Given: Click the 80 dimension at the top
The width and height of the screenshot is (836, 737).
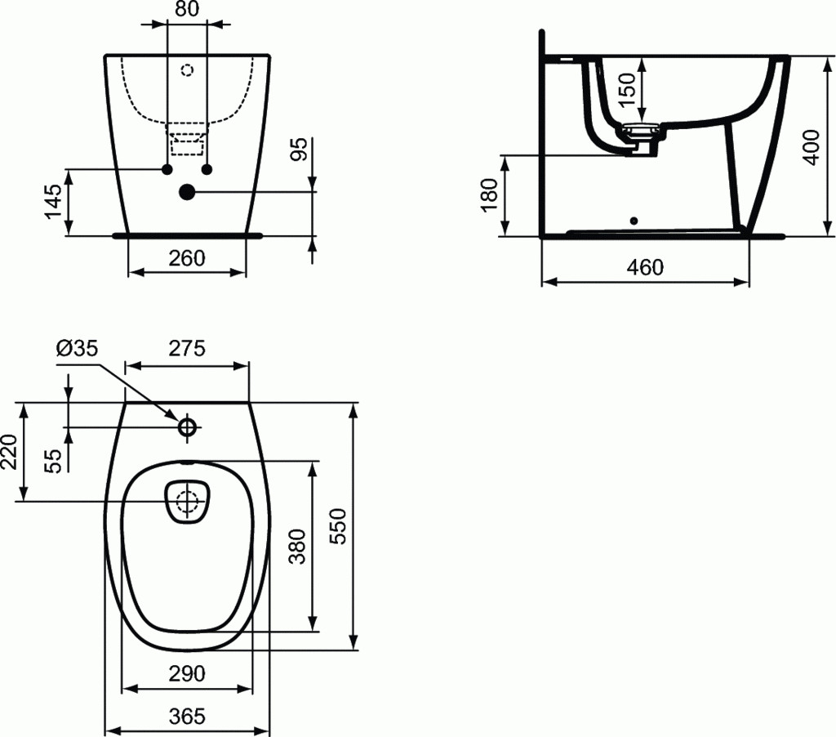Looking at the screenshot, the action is [187, 9].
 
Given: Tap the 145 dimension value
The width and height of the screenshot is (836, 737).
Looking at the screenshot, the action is [53, 201].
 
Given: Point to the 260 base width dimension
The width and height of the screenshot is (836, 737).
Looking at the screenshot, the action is [187, 258].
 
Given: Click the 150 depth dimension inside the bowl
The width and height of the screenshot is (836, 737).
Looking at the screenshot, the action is [628, 90].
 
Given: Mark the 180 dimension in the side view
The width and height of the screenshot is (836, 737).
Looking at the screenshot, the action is [489, 195].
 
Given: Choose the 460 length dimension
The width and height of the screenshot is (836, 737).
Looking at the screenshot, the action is [645, 267].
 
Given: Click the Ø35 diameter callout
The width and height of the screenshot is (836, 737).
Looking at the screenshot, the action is [78, 349].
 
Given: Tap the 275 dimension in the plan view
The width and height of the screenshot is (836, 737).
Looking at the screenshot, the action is [187, 349].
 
